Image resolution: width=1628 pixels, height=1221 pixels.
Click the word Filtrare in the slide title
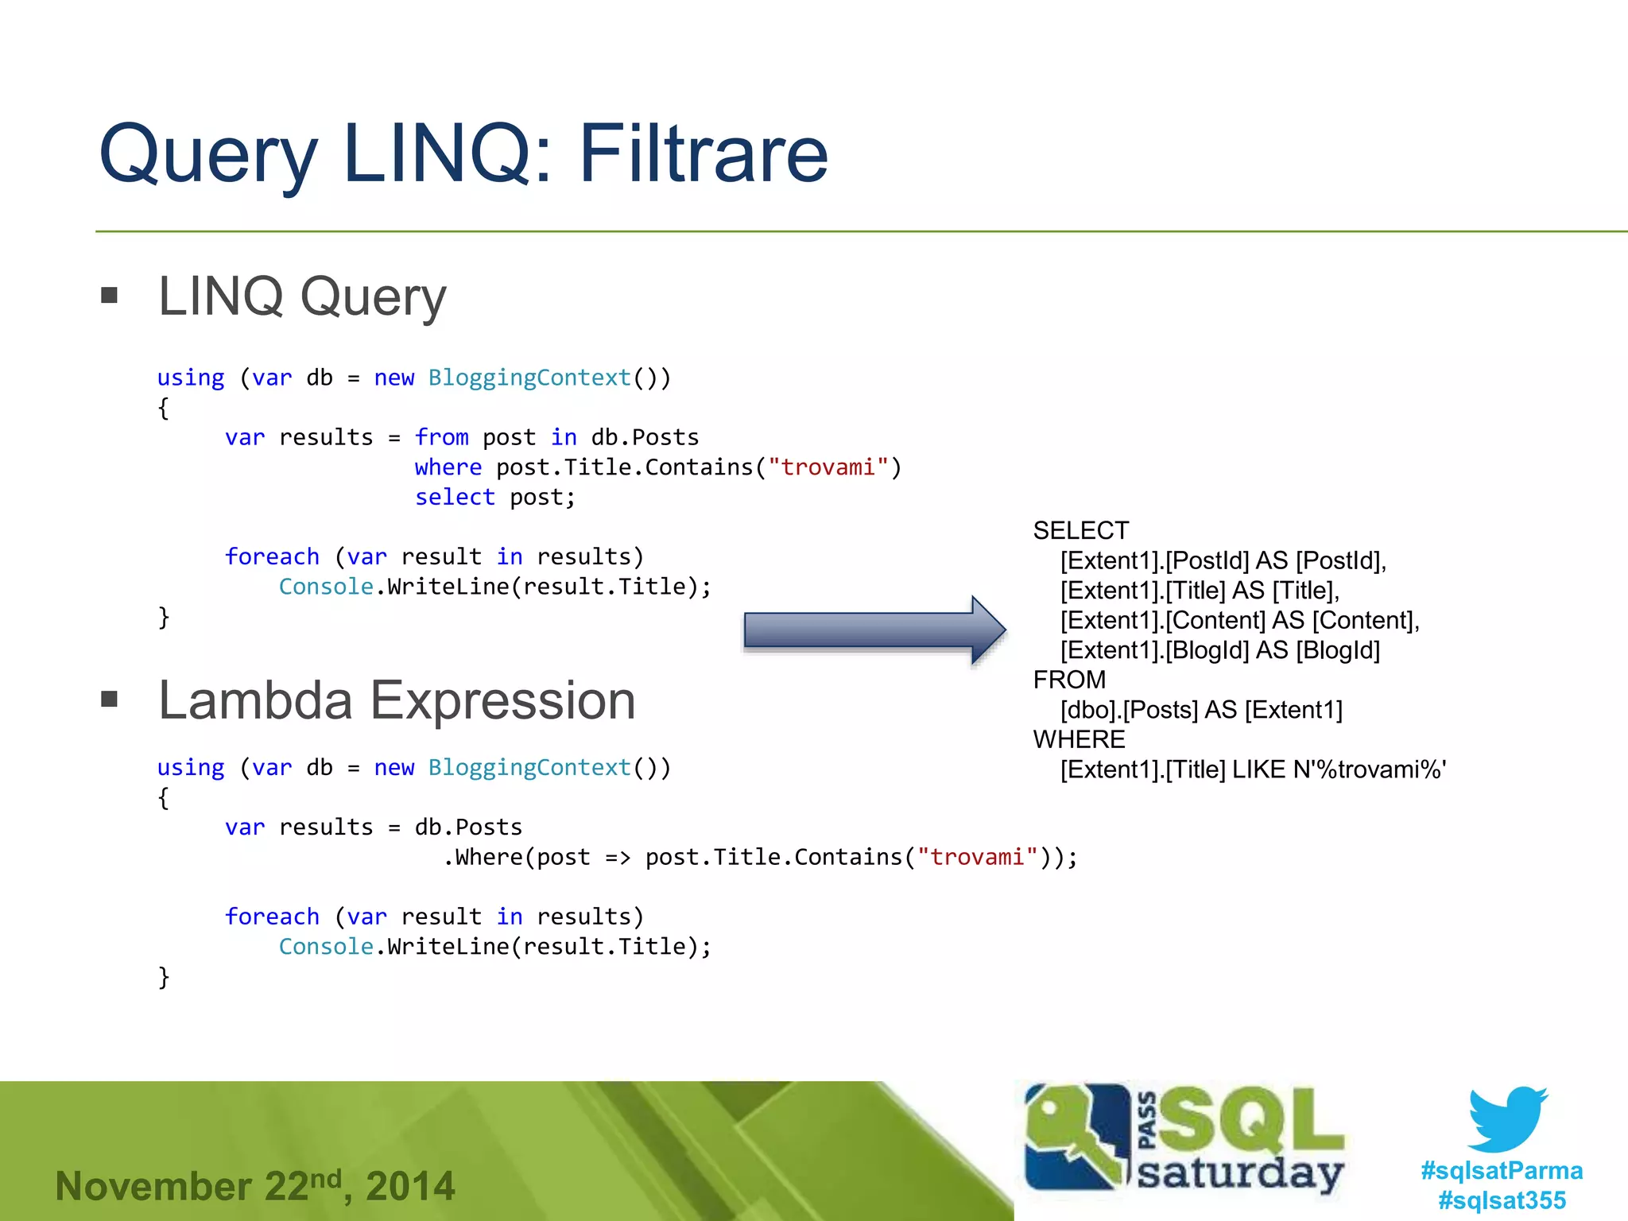[x=703, y=153]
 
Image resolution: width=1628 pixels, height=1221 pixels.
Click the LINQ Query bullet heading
[x=302, y=296]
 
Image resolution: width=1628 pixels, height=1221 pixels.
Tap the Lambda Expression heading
[x=397, y=700]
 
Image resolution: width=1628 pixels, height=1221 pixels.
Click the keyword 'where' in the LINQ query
[x=448, y=467]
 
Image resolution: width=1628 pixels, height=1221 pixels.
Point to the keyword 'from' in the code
[x=441, y=437]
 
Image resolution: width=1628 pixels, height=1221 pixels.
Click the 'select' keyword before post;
[x=455, y=498]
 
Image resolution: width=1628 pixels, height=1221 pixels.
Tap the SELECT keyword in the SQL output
[x=1080, y=530]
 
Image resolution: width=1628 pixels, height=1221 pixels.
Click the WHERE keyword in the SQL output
[x=1079, y=739]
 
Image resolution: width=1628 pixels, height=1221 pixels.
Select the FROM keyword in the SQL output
[x=1069, y=680]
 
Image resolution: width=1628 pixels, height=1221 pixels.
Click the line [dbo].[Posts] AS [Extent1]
[x=1200, y=710]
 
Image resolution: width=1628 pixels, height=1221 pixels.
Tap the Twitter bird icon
[x=1506, y=1119]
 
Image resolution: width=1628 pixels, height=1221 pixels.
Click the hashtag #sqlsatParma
[x=1502, y=1170]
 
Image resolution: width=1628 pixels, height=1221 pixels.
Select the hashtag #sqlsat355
[x=1502, y=1200]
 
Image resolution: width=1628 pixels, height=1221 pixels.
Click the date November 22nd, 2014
[x=254, y=1186]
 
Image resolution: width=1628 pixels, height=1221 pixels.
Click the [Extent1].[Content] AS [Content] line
[x=1239, y=620]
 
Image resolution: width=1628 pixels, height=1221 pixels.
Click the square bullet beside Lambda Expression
[x=110, y=700]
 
